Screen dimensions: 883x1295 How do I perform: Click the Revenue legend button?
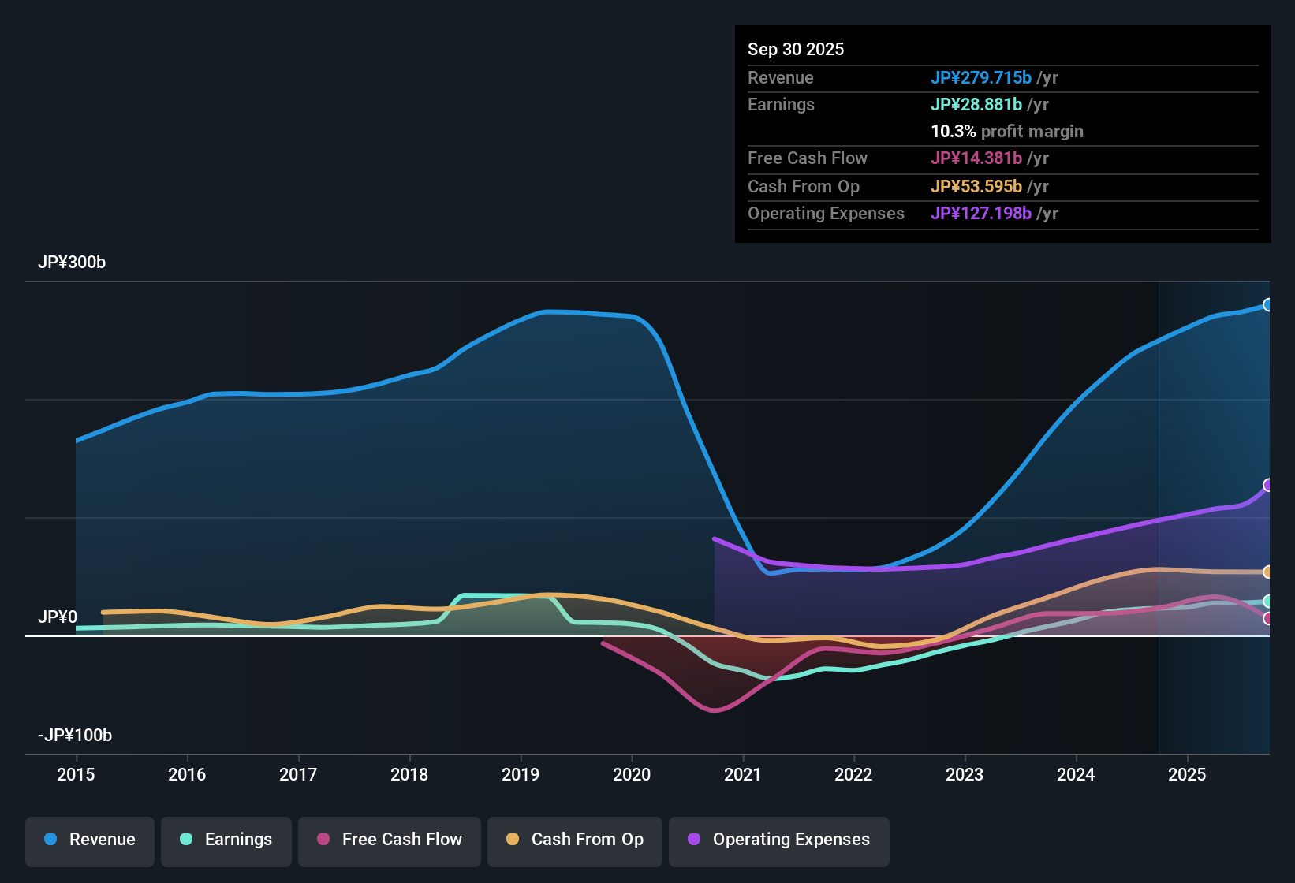[90, 840]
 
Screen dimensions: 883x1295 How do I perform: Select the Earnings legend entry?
[226, 840]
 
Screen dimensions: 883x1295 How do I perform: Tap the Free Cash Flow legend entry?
[390, 840]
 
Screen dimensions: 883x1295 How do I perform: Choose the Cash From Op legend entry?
[575, 840]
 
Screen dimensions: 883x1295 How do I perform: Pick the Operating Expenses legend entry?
[779, 840]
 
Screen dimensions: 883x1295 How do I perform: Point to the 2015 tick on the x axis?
[76, 774]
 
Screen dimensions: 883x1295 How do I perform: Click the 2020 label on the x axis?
[632, 774]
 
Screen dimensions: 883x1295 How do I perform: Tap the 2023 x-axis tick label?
[965, 774]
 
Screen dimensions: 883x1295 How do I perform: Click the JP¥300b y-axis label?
[72, 263]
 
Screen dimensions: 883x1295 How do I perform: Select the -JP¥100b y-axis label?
[75, 736]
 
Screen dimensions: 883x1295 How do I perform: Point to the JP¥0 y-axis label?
[58, 617]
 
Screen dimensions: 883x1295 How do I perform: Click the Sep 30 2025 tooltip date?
[796, 49]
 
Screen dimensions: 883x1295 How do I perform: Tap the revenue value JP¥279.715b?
[981, 77]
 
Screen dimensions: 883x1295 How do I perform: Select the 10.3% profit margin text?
[1007, 132]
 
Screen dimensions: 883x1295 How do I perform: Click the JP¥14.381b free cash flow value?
[976, 158]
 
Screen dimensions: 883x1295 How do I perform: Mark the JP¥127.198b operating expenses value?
[981, 214]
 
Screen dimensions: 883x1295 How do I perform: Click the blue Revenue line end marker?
[1267, 305]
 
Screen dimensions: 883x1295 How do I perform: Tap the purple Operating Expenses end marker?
[1267, 485]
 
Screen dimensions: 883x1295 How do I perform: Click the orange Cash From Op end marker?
[1267, 572]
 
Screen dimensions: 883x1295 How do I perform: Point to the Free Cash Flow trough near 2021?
[714, 710]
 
